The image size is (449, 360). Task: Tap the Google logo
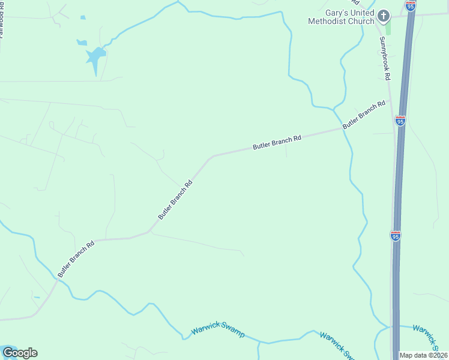tap(20, 353)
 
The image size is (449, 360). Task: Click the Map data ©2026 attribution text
tap(424, 355)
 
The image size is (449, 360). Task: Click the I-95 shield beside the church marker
tap(411, 6)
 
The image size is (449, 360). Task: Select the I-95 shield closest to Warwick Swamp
tap(395, 236)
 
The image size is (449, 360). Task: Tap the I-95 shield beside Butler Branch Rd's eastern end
tap(400, 121)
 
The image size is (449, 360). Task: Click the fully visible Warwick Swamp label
tap(218, 332)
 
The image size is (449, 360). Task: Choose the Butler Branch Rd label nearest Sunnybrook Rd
tap(364, 115)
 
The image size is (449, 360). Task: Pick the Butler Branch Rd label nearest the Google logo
tap(76, 259)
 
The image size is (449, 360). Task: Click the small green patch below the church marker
tap(388, 28)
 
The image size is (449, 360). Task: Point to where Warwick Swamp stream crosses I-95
tap(396, 326)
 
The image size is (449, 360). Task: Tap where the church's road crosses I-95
tap(412, 14)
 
